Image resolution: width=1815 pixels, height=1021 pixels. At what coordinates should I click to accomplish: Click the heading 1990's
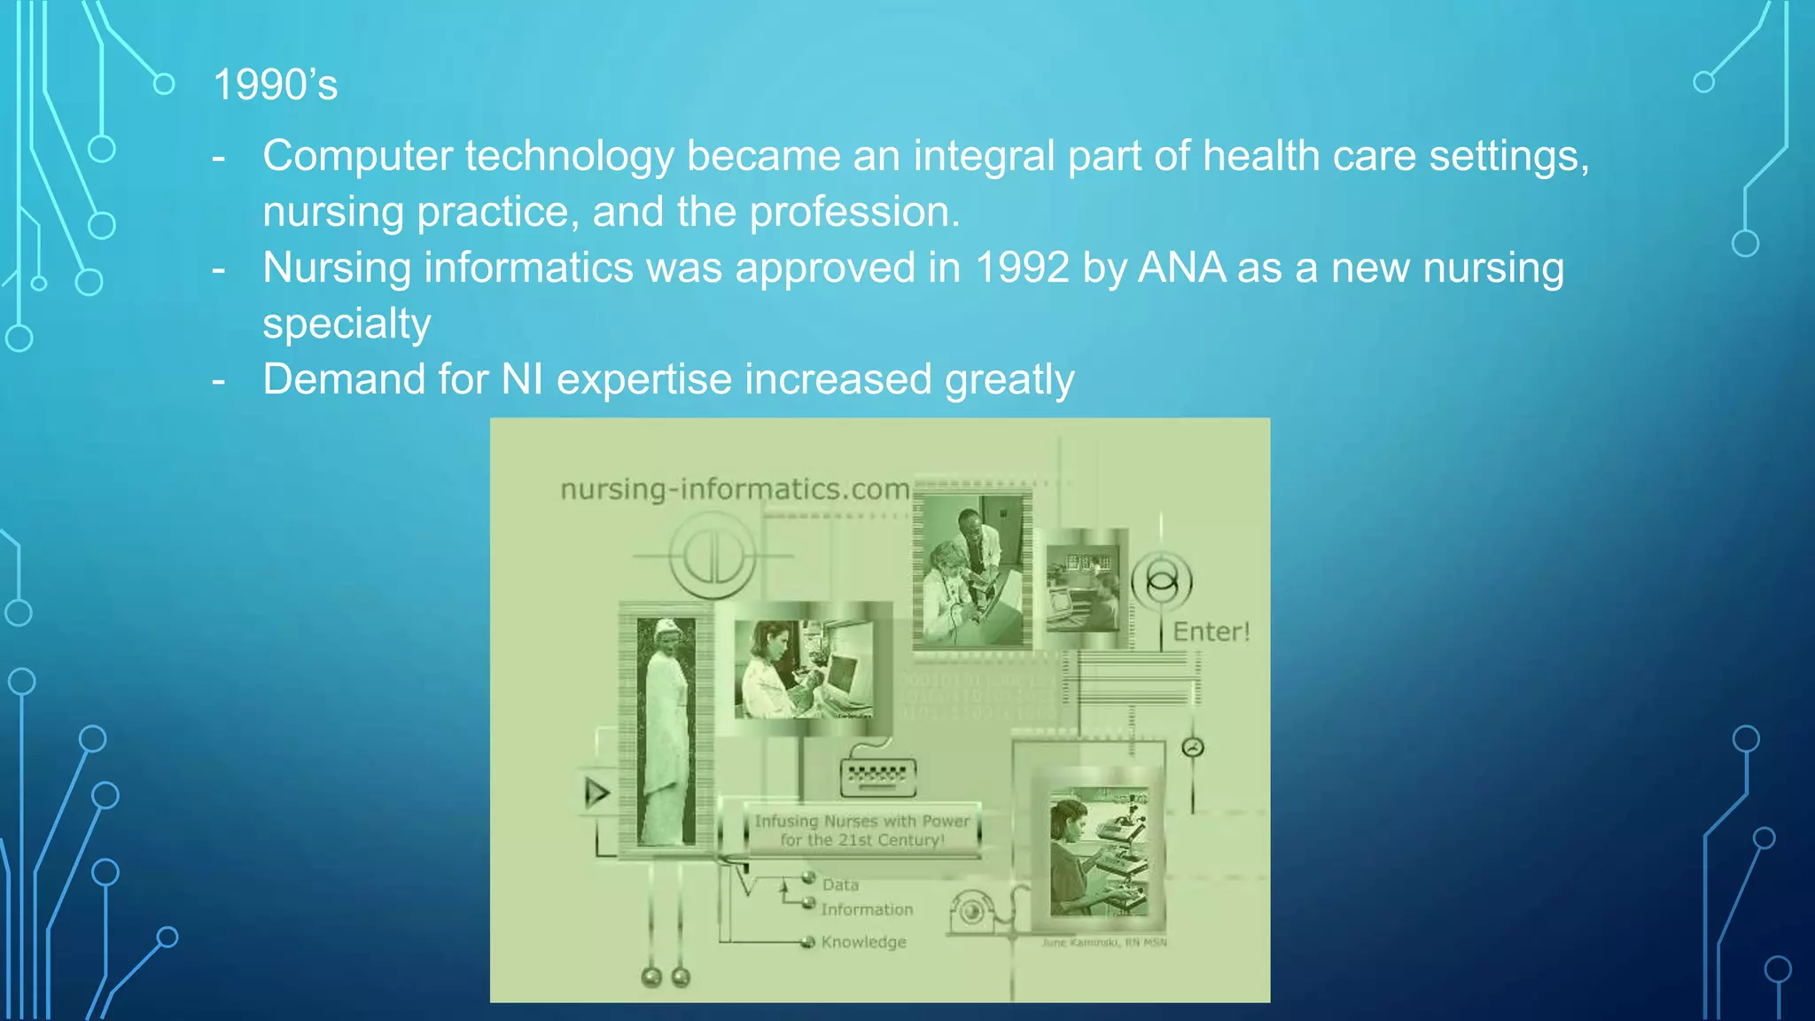pyautogui.click(x=275, y=86)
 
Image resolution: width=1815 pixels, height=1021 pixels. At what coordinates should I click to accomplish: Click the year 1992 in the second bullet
pyautogui.click(x=1022, y=268)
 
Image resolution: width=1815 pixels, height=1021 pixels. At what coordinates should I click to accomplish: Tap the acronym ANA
pyautogui.click(x=1181, y=268)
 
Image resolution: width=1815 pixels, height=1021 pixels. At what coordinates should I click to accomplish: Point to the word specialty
pyautogui.click(x=347, y=324)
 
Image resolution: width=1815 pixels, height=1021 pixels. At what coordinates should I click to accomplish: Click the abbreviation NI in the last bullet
pyautogui.click(x=522, y=379)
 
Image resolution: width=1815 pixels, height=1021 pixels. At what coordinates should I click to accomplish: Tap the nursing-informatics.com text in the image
pyautogui.click(x=735, y=489)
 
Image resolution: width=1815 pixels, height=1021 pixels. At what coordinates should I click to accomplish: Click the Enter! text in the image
pyautogui.click(x=1211, y=632)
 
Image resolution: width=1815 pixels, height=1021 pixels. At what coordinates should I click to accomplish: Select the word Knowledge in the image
pyautogui.click(x=863, y=942)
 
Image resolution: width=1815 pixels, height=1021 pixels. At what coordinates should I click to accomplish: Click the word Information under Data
pyautogui.click(x=866, y=909)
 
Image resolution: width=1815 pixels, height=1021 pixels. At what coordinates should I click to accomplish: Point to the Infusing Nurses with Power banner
pyautogui.click(x=861, y=830)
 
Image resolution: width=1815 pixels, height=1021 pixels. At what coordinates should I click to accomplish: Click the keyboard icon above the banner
pyautogui.click(x=877, y=776)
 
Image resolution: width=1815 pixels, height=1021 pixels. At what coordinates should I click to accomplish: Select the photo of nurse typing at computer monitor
pyautogui.click(x=803, y=669)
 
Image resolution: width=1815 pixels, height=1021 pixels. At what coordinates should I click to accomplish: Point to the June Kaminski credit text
pyautogui.click(x=1103, y=942)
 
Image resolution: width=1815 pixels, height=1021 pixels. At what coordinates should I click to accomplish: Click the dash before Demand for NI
pyautogui.click(x=219, y=381)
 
